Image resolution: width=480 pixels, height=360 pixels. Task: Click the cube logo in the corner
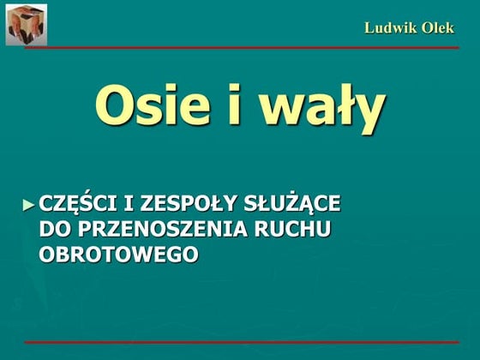click(x=27, y=24)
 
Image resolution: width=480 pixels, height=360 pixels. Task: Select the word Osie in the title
click(x=152, y=106)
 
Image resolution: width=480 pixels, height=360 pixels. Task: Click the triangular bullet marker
click(x=30, y=205)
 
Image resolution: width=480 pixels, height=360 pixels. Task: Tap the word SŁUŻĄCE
click(x=289, y=206)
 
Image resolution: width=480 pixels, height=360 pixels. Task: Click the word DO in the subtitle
click(x=54, y=230)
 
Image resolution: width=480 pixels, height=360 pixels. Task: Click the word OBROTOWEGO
click(x=118, y=254)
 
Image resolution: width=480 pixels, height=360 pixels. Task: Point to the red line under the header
click(x=240, y=48)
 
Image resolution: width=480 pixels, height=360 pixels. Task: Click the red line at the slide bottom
click(x=240, y=342)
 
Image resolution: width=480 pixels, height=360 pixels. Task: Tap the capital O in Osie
click(x=117, y=106)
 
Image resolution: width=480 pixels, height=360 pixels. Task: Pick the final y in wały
click(x=366, y=111)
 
